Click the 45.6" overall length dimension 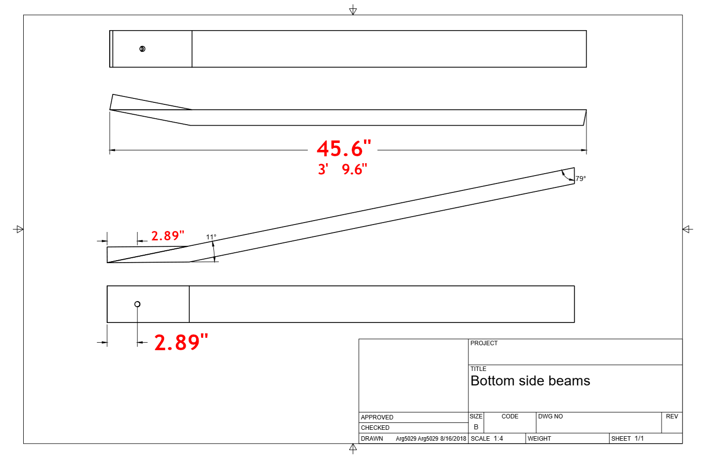pos(343,149)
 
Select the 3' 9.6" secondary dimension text pos(342,170)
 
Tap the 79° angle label pos(581,179)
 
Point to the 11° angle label pos(211,237)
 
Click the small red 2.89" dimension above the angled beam pos(167,236)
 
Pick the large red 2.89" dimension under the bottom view pos(181,342)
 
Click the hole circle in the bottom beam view pos(137,304)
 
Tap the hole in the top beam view pos(142,49)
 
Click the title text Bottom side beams pos(530,381)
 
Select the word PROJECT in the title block pos(484,343)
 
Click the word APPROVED pos(377,417)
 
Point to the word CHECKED pos(375,428)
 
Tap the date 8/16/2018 pos(453,439)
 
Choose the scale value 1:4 pos(498,439)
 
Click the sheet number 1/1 pos(639,439)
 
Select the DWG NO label pos(550,416)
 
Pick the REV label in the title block pos(672,416)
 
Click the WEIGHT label pos(539,439)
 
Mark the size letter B pos(476,427)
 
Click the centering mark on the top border pos(353,10)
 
